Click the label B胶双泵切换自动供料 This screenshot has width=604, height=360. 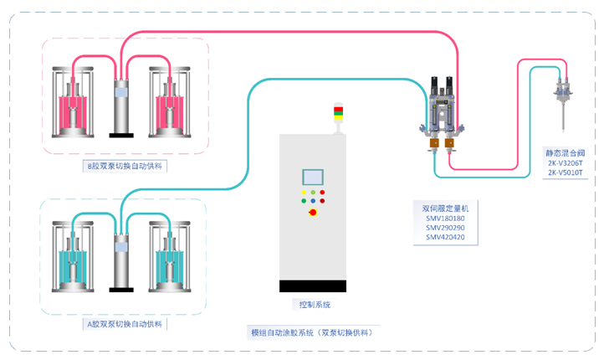tap(125, 166)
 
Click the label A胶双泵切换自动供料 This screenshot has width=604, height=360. tap(125, 323)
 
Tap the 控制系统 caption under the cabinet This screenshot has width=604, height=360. tap(314, 304)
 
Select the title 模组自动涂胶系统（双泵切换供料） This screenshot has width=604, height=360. tap(312, 332)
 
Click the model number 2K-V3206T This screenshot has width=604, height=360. tap(565, 163)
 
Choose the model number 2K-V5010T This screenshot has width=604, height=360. tap(565, 173)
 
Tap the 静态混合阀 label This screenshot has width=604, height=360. tap(565, 153)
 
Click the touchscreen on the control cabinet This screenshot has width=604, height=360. tap(313, 177)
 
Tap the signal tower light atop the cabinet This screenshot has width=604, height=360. tap(338, 113)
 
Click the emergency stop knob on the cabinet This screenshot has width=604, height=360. tap(313, 213)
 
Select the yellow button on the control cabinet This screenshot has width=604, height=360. tap(303, 193)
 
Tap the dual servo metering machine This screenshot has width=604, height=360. tap(442, 113)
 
